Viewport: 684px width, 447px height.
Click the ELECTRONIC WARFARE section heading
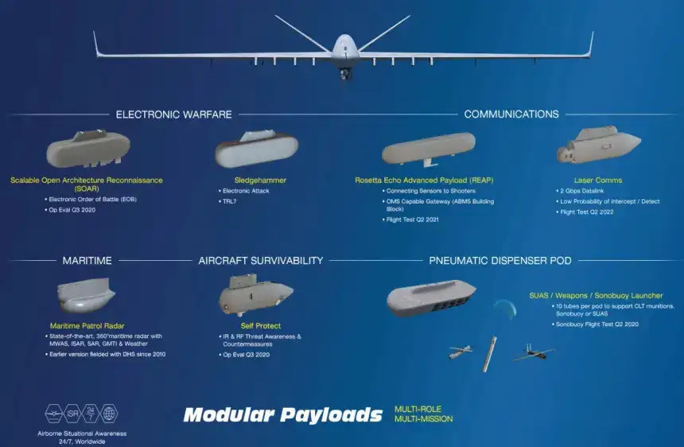click(x=173, y=115)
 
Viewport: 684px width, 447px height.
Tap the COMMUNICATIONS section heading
click(x=511, y=115)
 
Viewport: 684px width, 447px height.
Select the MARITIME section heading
click(x=87, y=261)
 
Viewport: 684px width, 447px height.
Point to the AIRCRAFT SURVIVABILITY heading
click(x=261, y=261)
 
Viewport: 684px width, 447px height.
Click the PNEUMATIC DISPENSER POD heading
click(x=500, y=261)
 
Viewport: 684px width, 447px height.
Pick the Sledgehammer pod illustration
click(x=256, y=148)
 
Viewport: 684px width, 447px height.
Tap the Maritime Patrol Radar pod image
click(x=86, y=295)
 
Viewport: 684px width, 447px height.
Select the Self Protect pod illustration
click(x=255, y=294)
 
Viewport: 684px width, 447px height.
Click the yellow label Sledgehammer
click(x=260, y=180)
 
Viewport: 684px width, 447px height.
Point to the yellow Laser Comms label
click(x=598, y=180)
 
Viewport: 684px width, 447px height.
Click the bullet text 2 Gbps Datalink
click(x=582, y=191)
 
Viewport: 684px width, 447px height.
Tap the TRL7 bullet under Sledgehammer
click(x=229, y=201)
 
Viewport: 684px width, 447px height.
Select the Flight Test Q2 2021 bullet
click(x=412, y=220)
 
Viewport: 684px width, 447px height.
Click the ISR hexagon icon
click(x=72, y=413)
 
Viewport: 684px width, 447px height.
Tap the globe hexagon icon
click(x=109, y=413)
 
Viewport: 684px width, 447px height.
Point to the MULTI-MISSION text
click(x=424, y=419)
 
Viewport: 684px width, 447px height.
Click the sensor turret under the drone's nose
click(x=345, y=74)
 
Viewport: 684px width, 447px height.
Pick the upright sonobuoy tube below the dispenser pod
click(x=489, y=354)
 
